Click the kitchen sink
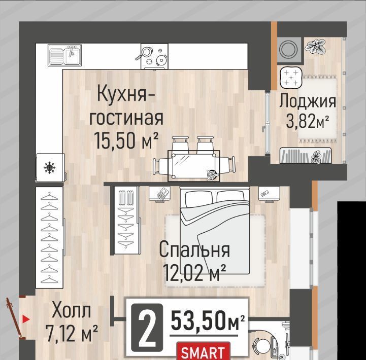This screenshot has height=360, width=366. pyautogui.click(x=64, y=55)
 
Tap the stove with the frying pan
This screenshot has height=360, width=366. pyautogui.click(x=154, y=56)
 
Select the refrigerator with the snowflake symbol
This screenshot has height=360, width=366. pyautogui.click(x=50, y=167)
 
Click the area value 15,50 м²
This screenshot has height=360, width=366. pyautogui.click(x=126, y=140)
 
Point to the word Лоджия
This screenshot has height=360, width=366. pyautogui.click(x=308, y=101)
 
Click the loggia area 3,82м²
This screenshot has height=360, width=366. pyautogui.click(x=308, y=121)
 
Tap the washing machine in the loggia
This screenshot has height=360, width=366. pyautogui.click(x=289, y=50)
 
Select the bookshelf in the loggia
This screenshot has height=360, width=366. pyautogui.click(x=306, y=155)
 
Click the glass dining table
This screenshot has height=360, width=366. pyautogui.click(x=194, y=166)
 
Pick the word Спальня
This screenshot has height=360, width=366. pyautogui.click(x=194, y=249)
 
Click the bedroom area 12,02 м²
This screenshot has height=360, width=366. pyautogui.click(x=194, y=272)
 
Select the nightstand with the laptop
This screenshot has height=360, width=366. pyautogui.click(x=160, y=194)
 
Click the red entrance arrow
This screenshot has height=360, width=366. pyautogui.click(x=26, y=319)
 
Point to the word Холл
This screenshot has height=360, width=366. pyautogui.click(x=71, y=310)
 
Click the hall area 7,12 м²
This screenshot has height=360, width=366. pyautogui.click(x=72, y=334)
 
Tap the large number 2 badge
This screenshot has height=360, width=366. pyautogui.click(x=147, y=328)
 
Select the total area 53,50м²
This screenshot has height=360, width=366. pyautogui.click(x=208, y=320)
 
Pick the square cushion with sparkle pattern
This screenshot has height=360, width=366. pyautogui.click(x=291, y=78)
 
